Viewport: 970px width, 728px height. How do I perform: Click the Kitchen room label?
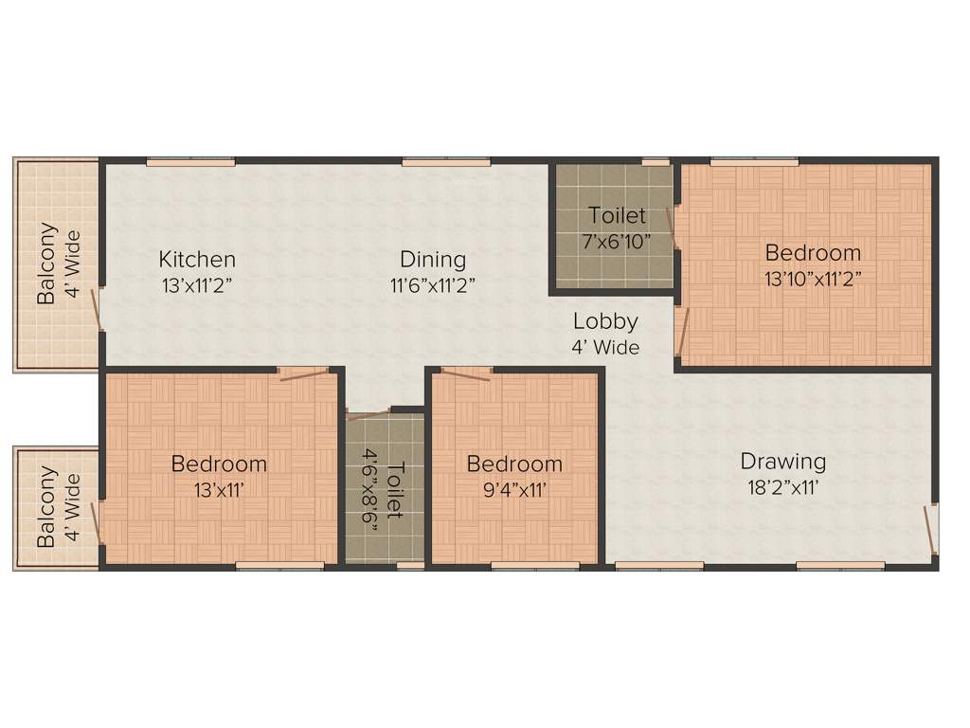pyautogui.click(x=197, y=259)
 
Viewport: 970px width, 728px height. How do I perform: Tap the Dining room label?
pyautogui.click(x=433, y=259)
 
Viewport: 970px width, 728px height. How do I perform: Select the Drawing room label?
pyautogui.click(x=783, y=462)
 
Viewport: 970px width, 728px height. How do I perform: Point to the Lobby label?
pyautogui.click(x=605, y=321)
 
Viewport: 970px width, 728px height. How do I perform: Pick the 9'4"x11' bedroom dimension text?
pyautogui.click(x=514, y=490)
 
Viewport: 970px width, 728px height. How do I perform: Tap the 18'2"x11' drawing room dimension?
pyautogui.click(x=783, y=488)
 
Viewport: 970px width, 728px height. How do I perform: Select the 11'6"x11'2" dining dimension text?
pyautogui.click(x=433, y=283)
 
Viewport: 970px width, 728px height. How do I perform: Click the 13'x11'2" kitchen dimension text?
pyautogui.click(x=197, y=283)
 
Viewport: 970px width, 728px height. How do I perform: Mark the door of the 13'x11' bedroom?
pyautogui.click(x=303, y=375)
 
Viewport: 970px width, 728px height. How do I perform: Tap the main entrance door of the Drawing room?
pyautogui.click(x=931, y=528)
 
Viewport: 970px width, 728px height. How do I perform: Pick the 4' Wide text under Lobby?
pyautogui.click(x=605, y=347)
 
